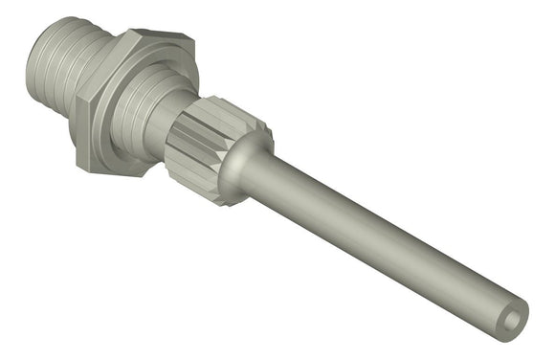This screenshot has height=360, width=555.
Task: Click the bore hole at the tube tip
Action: [516, 315]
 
